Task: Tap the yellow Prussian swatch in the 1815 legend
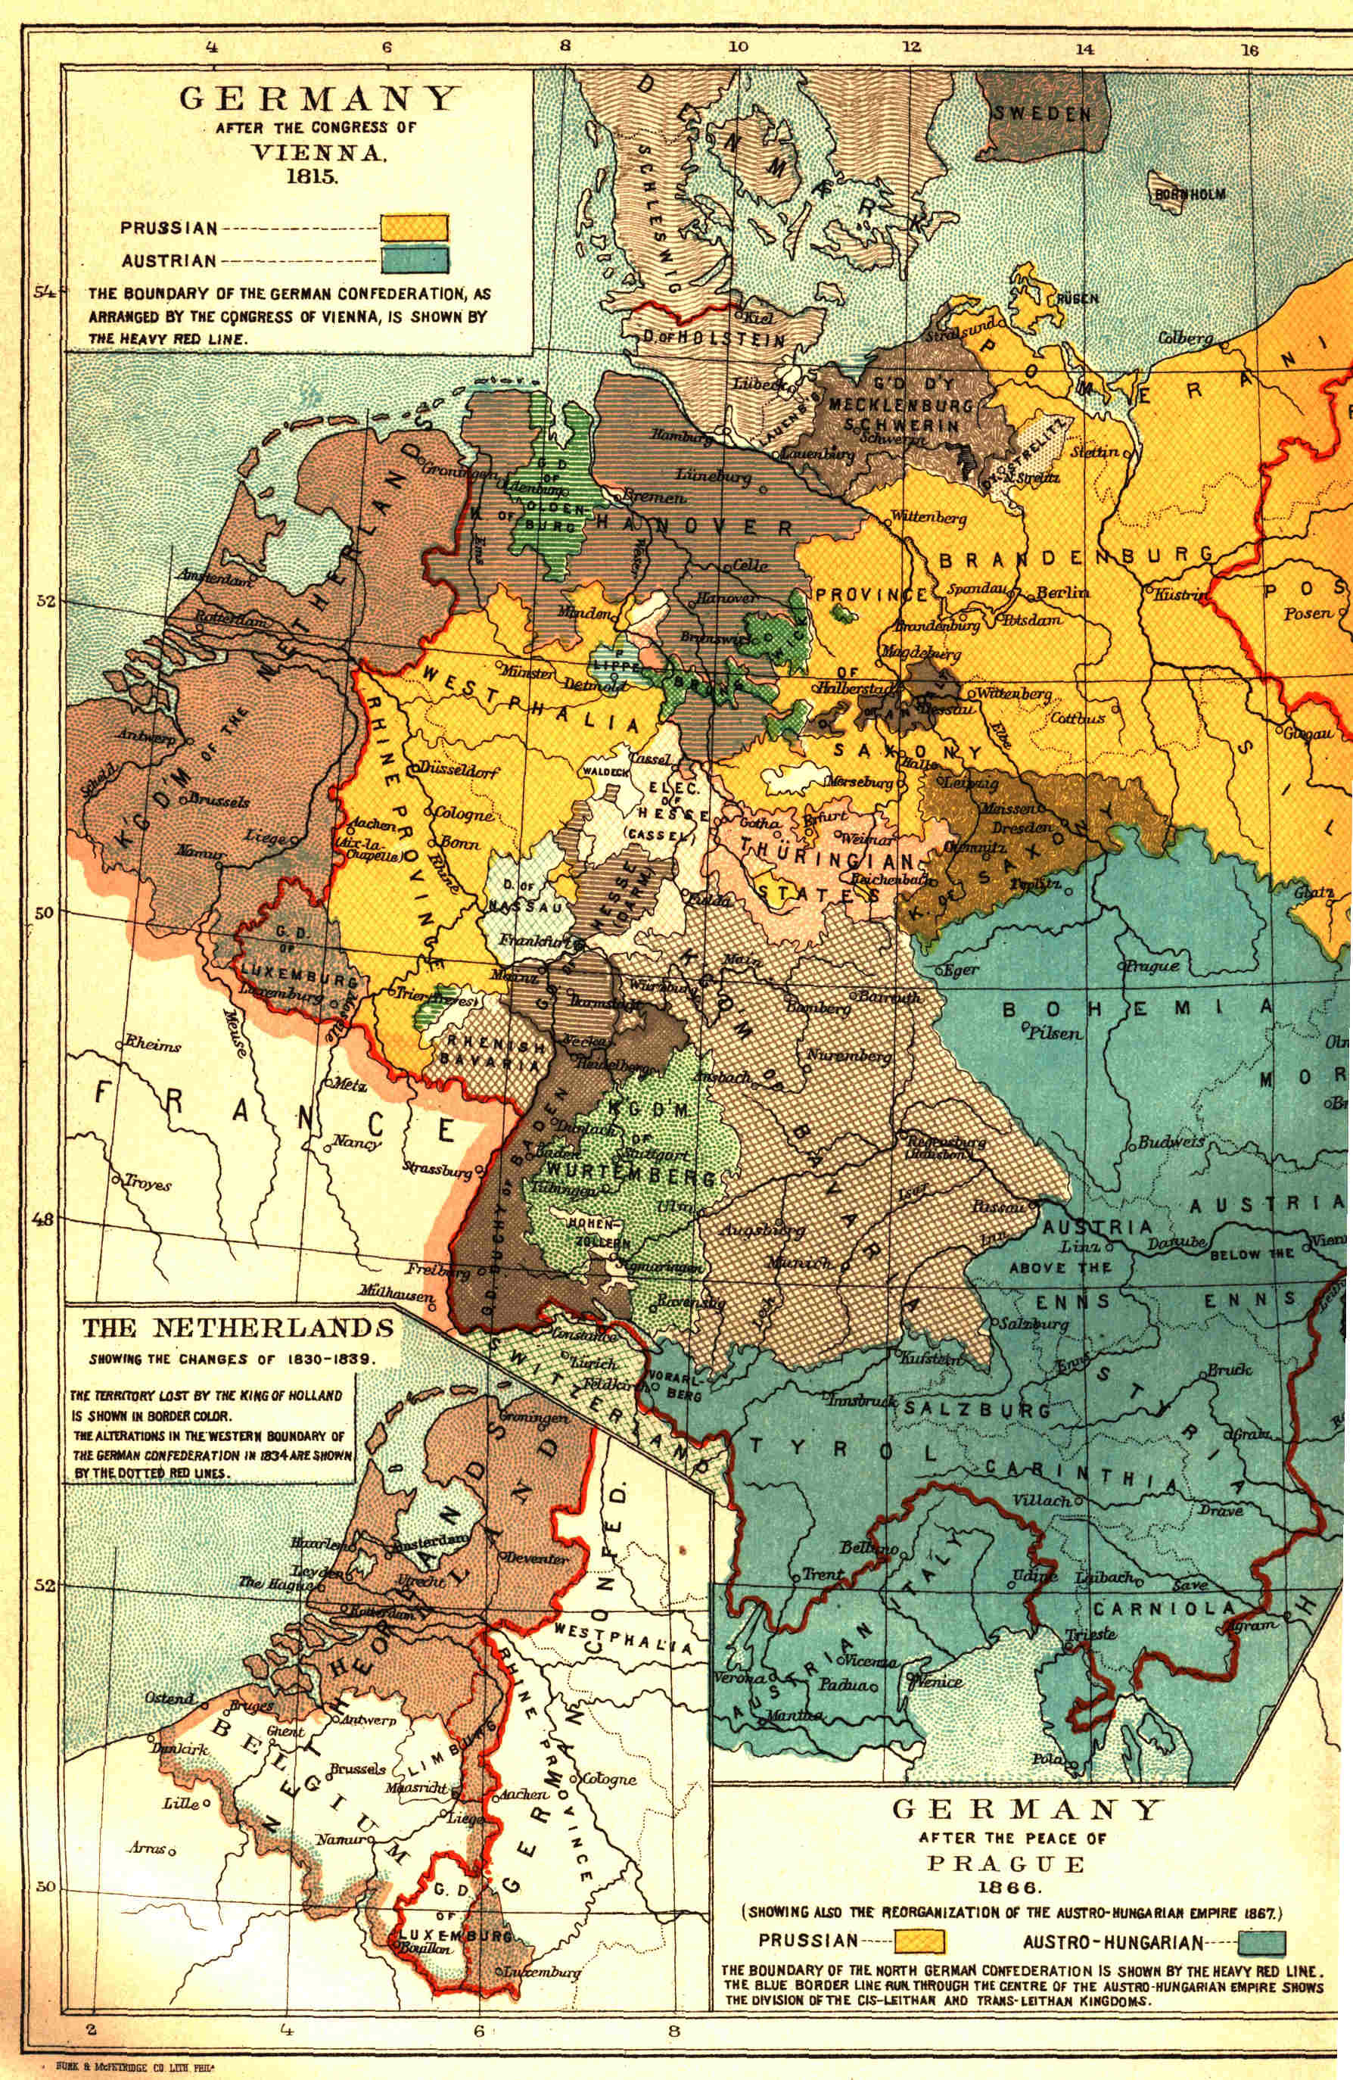coord(414,228)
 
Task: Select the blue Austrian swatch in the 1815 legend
coord(414,260)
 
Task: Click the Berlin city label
coord(1063,593)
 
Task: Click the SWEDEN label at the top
coord(1041,114)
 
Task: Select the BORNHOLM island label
coord(1190,194)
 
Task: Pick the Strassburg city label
coord(437,1169)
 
